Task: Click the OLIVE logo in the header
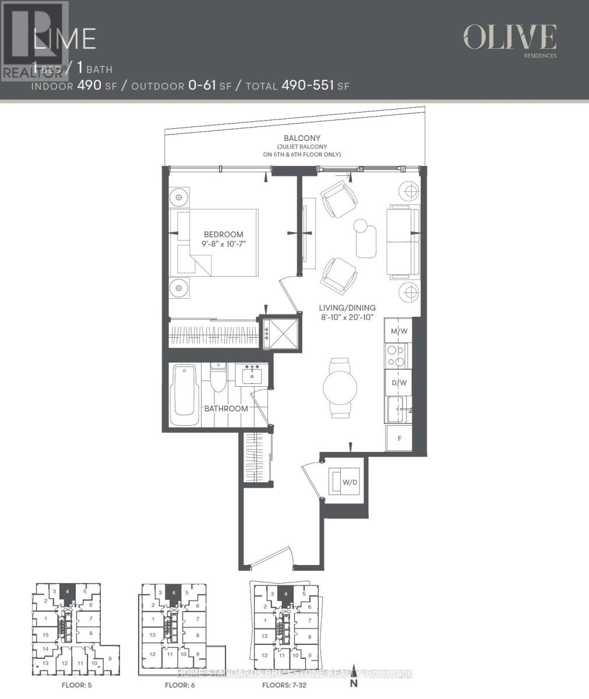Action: [509, 38]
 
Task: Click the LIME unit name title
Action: [64, 38]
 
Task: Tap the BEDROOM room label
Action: [223, 234]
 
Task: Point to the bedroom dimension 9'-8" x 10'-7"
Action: [223, 244]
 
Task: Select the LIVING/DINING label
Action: [347, 308]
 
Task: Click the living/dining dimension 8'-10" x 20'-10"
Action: [347, 317]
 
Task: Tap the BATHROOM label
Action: [225, 408]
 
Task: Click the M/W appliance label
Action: [399, 331]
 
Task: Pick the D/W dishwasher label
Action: [399, 383]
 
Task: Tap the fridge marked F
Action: [400, 438]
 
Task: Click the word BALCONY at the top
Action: [302, 139]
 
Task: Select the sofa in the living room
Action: [402, 242]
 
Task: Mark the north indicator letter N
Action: [352, 684]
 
